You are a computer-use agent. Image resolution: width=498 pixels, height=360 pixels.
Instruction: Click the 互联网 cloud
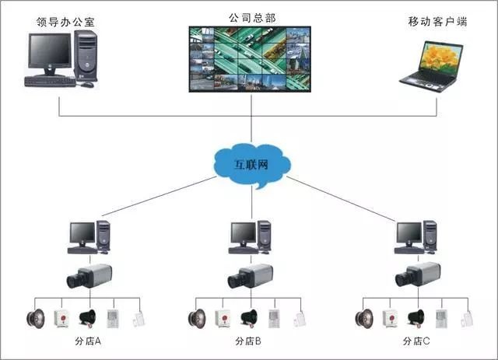click(251, 164)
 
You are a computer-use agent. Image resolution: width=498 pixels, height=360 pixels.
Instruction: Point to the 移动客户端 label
click(437, 21)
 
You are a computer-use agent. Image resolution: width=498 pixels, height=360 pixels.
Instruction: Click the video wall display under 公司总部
click(251, 59)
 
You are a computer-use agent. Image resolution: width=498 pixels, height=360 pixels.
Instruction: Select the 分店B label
click(248, 342)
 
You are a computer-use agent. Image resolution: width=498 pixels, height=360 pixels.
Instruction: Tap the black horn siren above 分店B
click(249, 317)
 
